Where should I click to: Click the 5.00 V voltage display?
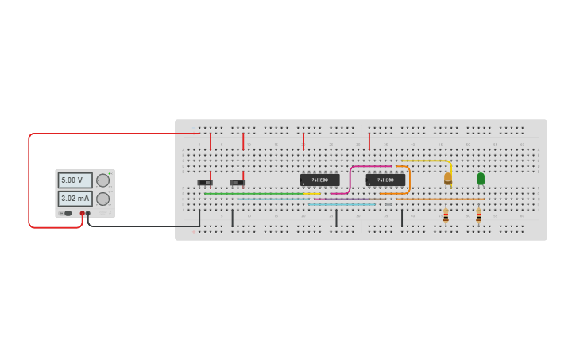[x=75, y=180]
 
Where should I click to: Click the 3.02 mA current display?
[x=75, y=199]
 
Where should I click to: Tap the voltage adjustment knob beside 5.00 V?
[x=102, y=180]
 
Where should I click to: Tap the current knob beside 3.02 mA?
[x=102, y=199]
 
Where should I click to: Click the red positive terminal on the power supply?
[x=82, y=213]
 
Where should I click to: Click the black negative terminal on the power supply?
[x=88, y=213]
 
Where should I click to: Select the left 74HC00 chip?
[x=319, y=180]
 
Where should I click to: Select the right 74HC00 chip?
[x=385, y=180]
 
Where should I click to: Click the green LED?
[x=481, y=178]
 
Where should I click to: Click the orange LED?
[x=448, y=178]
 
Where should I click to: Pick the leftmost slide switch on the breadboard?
[x=205, y=183]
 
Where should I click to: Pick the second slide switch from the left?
[x=238, y=183]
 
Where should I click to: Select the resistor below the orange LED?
[x=446, y=215]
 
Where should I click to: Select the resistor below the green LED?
[x=478, y=215]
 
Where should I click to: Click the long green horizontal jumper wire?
[x=254, y=193]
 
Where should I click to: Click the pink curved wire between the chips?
[x=350, y=179]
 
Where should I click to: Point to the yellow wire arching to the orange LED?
[x=429, y=161]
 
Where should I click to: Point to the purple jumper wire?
[x=342, y=199]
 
